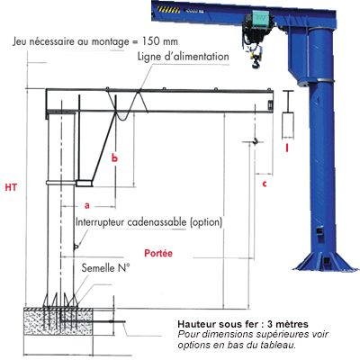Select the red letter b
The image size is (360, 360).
click(114, 157)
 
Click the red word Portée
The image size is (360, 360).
click(158, 254)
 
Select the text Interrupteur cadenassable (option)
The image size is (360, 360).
click(148, 221)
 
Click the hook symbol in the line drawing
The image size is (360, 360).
click(256, 140)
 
